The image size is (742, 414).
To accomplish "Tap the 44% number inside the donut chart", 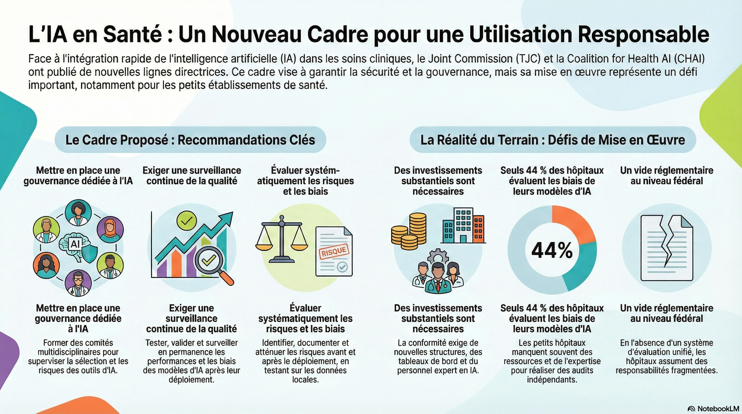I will click(552, 250).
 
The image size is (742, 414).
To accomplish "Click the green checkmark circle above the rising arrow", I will click(186, 220).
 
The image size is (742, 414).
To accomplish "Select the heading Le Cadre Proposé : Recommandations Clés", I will click(190, 140).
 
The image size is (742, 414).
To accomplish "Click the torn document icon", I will click(666, 248).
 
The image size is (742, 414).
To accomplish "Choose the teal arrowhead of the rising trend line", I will click(228, 217).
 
